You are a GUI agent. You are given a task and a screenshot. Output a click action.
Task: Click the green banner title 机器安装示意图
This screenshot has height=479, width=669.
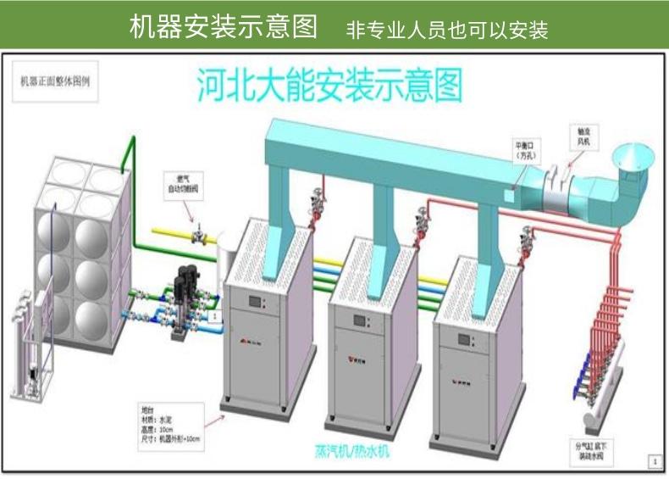coord(223,27)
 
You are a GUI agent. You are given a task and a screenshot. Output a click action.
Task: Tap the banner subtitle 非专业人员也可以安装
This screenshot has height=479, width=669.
coord(447,31)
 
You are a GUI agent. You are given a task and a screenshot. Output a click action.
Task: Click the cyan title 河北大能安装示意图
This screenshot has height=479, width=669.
coord(330,86)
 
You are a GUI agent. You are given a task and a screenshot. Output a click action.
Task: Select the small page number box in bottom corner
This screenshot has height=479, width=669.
coord(653,461)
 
